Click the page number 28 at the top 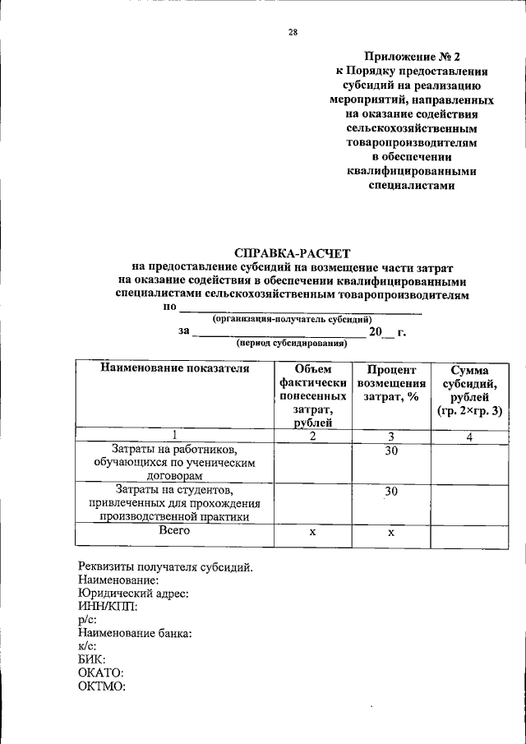[293, 33]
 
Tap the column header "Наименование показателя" [174, 368]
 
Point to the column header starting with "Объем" [312, 395]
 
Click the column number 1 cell [174, 436]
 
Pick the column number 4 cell [469, 437]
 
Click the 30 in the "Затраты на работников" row [391, 451]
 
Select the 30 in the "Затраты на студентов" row [391, 491]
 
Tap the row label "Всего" [174, 531]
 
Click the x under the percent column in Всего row [391, 533]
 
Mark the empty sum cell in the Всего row [469, 534]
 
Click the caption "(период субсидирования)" [291, 344]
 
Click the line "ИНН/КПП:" [108, 607]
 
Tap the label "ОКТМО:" [102, 686]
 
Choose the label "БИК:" [93, 660]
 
